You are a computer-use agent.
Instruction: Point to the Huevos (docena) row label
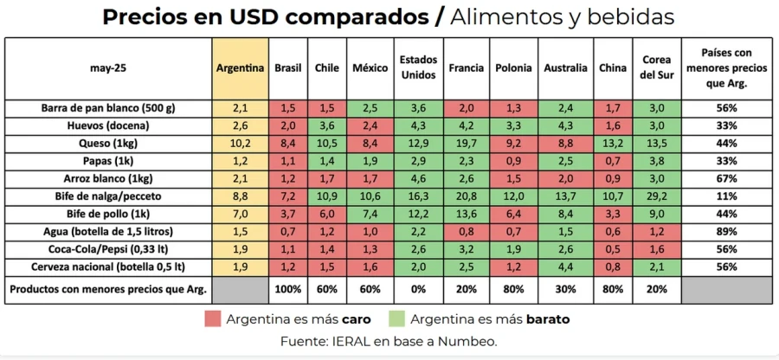[x=109, y=124]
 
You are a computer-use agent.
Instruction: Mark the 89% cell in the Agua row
[x=725, y=232]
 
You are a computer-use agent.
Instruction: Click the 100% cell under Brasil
[x=288, y=289]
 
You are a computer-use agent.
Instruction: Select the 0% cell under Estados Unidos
[x=417, y=289]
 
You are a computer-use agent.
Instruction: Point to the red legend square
[x=212, y=318]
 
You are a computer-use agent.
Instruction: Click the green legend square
[x=397, y=318]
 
